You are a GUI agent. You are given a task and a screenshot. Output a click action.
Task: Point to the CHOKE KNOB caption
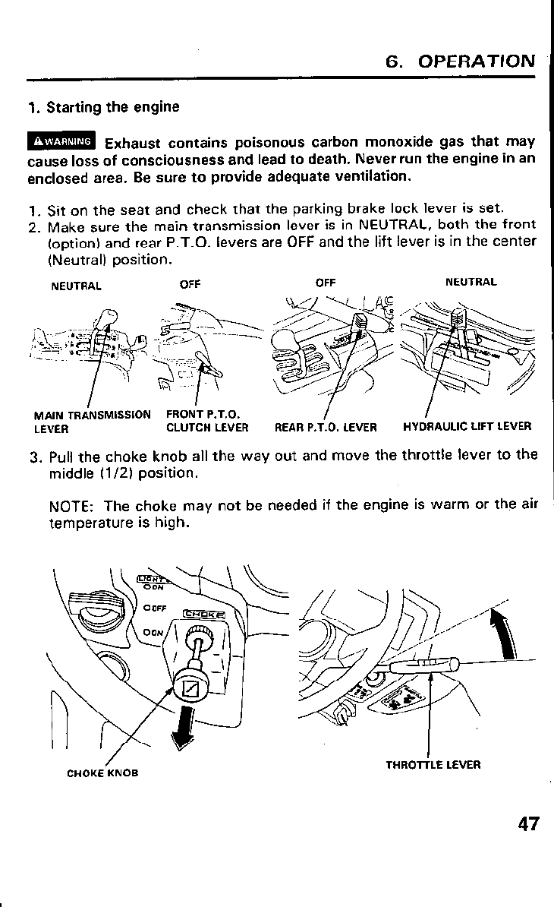pos(102,774)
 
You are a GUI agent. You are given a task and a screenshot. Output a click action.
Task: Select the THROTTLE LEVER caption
pos(433,764)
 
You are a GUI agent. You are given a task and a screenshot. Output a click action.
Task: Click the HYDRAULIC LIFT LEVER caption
pos(467,427)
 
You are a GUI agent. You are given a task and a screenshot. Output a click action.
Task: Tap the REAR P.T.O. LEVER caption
pos(326,427)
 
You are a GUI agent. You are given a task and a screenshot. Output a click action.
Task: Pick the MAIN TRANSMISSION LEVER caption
pos(92,421)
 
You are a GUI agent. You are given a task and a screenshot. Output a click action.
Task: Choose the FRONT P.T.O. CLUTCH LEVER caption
pos(206,421)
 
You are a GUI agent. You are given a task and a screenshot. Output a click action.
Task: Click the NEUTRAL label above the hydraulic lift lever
pos(471,282)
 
